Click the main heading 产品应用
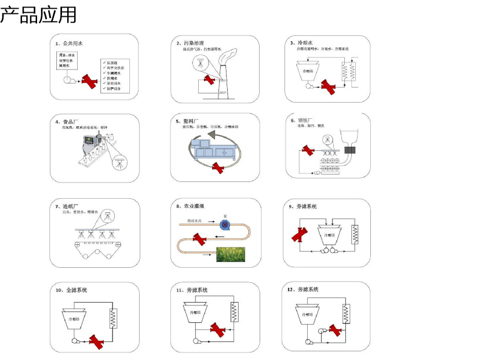[38, 14]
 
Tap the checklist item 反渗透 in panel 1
[112, 61]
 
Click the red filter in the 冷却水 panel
[330, 88]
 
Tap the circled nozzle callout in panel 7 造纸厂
[107, 216]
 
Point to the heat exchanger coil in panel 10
[112, 317]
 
